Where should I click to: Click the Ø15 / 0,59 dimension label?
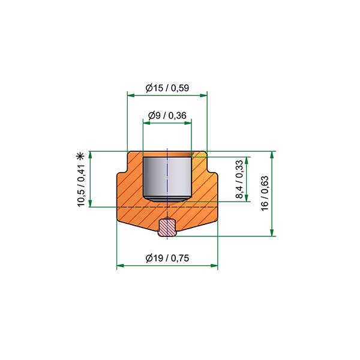tap(167, 88)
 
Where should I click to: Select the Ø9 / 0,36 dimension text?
tap(167, 115)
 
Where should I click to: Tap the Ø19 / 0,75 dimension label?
tap(167, 258)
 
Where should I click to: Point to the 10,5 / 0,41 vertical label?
tap(81, 185)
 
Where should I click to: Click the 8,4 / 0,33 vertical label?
tap(239, 179)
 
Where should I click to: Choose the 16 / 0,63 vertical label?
tap(265, 193)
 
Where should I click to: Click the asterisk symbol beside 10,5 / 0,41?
tap(80, 157)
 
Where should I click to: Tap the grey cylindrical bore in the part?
tap(167, 179)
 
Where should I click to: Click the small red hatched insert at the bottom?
tap(167, 228)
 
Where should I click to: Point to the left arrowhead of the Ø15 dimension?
tap(131, 95)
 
